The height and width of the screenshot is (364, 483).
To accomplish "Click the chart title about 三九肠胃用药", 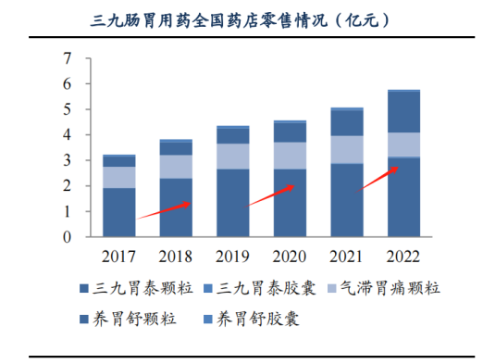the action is (x=241, y=20).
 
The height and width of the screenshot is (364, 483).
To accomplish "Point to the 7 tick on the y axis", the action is (x=67, y=58).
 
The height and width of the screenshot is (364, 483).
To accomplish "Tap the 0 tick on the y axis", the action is (x=67, y=237).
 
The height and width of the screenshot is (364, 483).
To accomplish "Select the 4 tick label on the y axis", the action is (x=67, y=135).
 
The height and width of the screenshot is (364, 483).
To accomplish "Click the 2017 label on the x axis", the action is (x=118, y=257).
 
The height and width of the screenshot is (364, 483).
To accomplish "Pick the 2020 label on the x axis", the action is (x=290, y=257).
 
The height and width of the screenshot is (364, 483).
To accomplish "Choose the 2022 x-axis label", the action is (x=403, y=257).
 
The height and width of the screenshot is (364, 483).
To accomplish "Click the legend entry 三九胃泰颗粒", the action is (x=136, y=288).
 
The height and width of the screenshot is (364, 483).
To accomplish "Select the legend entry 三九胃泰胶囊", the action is (x=260, y=288).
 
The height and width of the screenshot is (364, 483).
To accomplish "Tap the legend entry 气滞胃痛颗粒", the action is (x=384, y=288).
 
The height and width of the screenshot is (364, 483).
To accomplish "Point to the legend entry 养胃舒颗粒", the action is (x=128, y=319).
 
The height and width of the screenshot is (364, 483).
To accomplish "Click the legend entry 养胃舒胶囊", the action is (x=252, y=319).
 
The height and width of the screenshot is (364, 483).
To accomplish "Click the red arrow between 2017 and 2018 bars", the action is (x=164, y=210).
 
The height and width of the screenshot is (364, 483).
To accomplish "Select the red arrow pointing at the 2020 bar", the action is (x=268, y=196).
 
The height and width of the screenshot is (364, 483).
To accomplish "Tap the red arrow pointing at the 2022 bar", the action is (x=377, y=180).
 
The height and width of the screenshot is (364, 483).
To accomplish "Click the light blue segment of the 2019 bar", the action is (x=233, y=157).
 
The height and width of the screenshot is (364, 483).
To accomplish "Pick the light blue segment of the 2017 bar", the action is (x=119, y=177).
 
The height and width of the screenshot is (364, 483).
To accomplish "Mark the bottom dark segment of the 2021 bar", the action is (x=347, y=200).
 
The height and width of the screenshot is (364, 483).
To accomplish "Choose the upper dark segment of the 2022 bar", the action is (x=403, y=112).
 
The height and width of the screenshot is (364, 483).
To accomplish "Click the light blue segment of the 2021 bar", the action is (x=347, y=150).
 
